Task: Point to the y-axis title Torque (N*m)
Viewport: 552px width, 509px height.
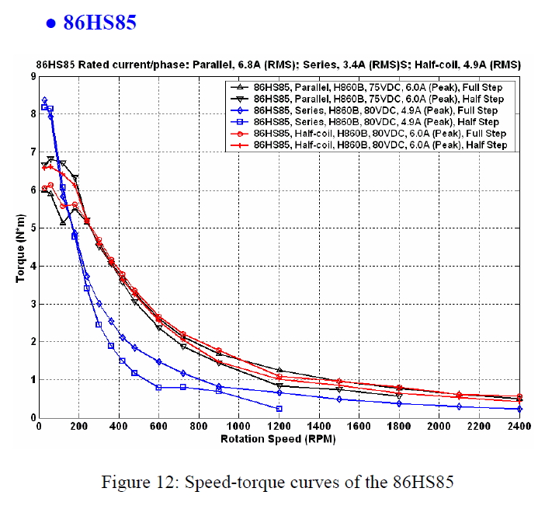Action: (21, 248)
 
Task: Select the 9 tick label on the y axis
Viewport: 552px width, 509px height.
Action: (32, 76)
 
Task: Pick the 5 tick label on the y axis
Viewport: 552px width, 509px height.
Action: (32, 228)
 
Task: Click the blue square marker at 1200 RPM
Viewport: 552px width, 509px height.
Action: (279, 409)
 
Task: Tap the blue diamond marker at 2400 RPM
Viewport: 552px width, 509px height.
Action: (519, 409)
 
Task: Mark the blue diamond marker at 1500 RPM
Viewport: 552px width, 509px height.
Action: (339, 399)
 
